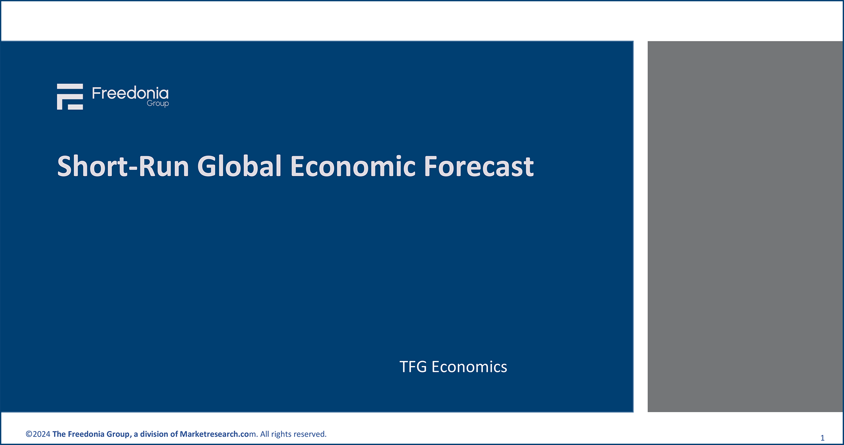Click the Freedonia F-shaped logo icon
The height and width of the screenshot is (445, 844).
coord(70,96)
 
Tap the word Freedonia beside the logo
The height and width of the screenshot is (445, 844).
coord(130,93)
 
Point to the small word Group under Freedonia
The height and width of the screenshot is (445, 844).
coord(158,104)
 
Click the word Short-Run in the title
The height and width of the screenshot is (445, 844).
coord(123,166)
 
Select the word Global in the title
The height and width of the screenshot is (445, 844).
coord(239,166)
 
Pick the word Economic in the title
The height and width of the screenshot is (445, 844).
coord(353,166)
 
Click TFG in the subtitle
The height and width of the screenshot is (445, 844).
coord(413,367)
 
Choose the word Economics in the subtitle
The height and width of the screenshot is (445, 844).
coord(469,367)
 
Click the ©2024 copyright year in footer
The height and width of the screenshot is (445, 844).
coord(38,434)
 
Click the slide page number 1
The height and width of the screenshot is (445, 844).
coord(822,438)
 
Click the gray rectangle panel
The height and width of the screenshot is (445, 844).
coord(745,227)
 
